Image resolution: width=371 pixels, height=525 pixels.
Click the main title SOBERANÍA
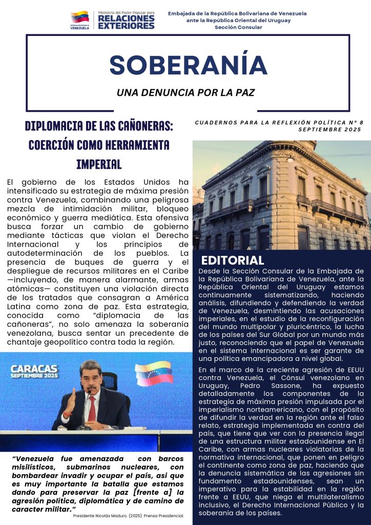click(188, 65)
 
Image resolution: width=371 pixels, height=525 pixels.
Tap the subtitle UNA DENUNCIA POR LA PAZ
click(186, 93)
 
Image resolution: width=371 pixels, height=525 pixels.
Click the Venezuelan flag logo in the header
click(79, 18)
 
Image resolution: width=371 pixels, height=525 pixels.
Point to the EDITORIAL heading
click(232, 260)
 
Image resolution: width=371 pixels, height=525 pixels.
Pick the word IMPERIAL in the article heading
click(98, 164)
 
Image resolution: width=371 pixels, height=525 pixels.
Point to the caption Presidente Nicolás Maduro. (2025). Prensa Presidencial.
click(129, 516)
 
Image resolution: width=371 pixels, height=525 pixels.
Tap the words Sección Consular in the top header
click(238, 27)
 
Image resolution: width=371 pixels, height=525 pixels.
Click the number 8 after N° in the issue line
click(361, 123)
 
